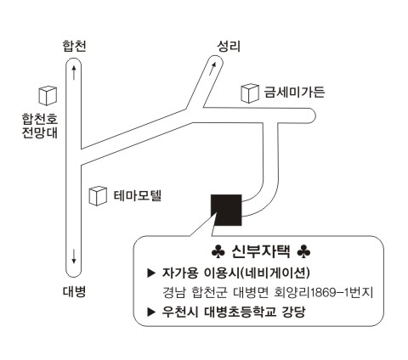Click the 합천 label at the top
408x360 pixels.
74,46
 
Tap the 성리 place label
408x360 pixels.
229,46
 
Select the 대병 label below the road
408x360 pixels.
74,291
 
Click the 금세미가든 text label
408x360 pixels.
294,92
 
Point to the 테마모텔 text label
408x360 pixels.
138,195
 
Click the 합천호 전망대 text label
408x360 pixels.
40,126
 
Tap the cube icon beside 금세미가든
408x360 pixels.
250,93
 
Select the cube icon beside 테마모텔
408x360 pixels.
98,195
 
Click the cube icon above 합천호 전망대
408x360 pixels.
48,96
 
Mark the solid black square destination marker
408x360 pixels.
226,210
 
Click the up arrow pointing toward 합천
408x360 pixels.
74,72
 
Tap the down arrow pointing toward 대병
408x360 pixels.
74,256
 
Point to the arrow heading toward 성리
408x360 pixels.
212,69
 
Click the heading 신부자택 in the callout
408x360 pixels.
261,251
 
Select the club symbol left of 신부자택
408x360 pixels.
218,252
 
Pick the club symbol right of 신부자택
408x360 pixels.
303,252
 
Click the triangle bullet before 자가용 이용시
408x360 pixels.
151,273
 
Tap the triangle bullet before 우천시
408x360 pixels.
151,312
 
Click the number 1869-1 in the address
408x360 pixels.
330,293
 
